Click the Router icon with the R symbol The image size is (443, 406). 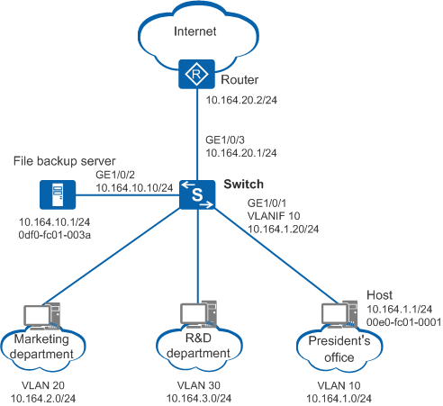[x=196, y=74]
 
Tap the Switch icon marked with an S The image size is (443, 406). [x=197, y=194]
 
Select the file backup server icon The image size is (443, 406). [x=58, y=194]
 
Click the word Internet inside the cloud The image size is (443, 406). [x=195, y=32]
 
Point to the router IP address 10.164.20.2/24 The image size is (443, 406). [x=241, y=100]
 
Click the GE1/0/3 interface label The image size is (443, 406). [x=225, y=140]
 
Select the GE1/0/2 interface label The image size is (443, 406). [x=115, y=175]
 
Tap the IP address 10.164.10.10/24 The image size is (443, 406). [x=134, y=188]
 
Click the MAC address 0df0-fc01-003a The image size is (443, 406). [x=55, y=235]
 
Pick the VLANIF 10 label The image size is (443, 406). [x=274, y=216]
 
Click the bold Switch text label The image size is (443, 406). [x=243, y=184]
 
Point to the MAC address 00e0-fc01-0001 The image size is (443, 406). [x=403, y=322]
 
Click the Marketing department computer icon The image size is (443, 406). [x=41, y=316]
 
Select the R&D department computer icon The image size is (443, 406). [x=198, y=314]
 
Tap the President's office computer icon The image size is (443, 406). [x=339, y=314]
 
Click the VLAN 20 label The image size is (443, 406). [x=43, y=385]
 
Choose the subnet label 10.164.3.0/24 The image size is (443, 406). [x=199, y=399]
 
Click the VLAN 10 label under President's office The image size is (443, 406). [x=339, y=385]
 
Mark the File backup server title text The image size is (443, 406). [x=65, y=161]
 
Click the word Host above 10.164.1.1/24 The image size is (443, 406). [x=379, y=295]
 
